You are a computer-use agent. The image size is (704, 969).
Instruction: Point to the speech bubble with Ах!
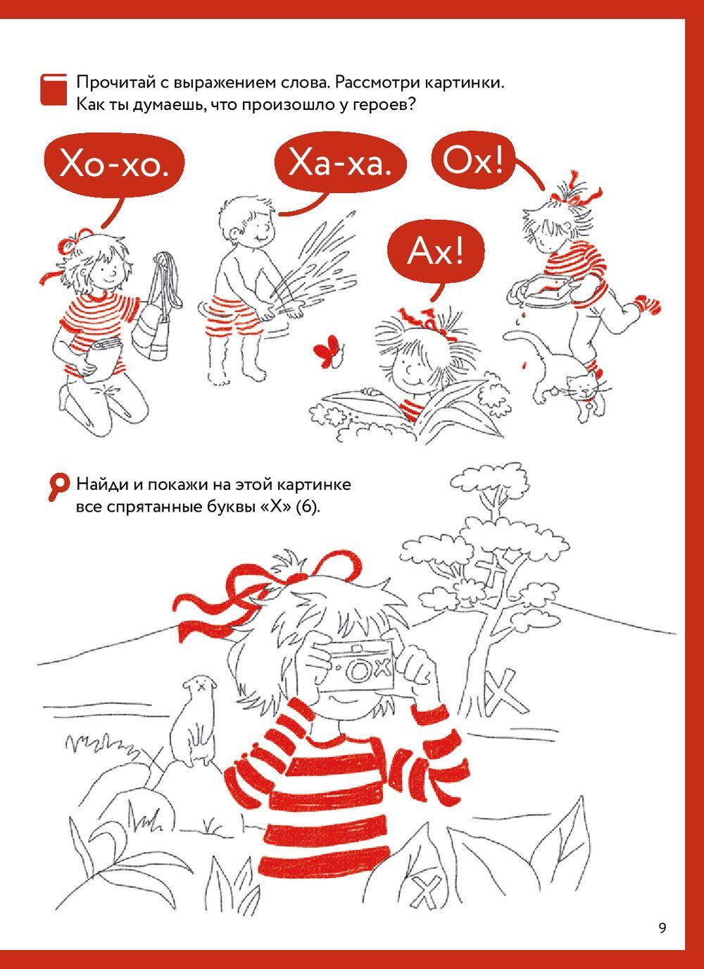point(436,252)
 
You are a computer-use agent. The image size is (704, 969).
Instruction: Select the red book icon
point(54,90)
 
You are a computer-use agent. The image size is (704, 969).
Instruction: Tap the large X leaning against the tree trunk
point(505,693)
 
